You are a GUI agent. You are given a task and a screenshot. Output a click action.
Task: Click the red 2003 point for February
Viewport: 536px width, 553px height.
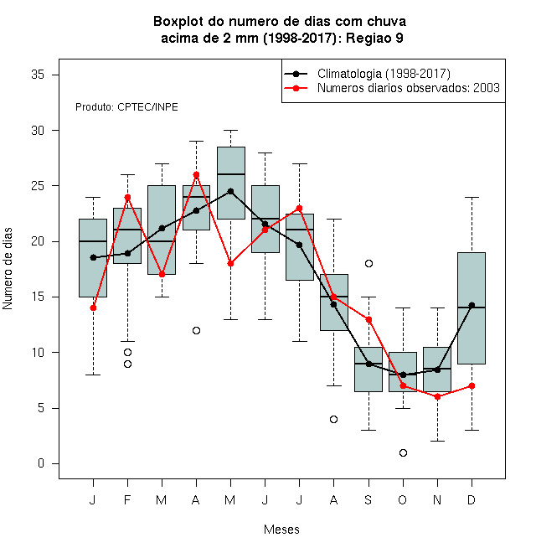(127, 197)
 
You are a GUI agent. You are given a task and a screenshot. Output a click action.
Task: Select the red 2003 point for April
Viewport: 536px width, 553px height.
(197, 174)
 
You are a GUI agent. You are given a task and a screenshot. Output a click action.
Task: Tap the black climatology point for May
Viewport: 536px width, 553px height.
(230, 192)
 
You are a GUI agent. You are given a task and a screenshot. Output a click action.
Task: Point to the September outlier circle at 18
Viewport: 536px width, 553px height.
(368, 263)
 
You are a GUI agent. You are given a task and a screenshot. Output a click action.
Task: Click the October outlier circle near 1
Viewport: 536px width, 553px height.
(403, 452)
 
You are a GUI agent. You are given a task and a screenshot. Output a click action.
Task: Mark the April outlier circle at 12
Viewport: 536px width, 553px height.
(197, 330)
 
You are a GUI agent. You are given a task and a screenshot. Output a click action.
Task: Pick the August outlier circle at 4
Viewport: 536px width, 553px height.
(333, 419)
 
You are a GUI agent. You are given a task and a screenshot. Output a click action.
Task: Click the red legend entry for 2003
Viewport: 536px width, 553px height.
(392, 88)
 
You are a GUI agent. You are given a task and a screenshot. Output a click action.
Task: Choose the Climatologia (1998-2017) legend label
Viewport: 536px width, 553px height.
(384, 74)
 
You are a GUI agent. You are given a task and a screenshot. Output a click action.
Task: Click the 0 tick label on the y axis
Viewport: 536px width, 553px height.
(41, 463)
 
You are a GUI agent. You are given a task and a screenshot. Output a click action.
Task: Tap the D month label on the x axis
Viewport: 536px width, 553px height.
(472, 499)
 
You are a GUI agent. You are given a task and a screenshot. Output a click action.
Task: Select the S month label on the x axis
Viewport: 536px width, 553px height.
(368, 499)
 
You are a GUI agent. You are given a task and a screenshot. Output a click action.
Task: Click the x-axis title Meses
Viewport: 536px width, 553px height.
(281, 530)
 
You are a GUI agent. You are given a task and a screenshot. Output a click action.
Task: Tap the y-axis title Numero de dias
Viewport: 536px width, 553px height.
(8, 269)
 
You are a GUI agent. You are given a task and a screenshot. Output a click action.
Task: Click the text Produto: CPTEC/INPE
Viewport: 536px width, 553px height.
(126, 107)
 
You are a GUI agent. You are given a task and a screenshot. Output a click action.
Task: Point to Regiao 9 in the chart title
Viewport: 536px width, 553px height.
(374, 38)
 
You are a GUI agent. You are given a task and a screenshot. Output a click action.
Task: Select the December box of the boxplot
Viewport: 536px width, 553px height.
(472, 308)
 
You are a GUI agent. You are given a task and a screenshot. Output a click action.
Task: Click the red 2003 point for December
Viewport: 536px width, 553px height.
(472, 385)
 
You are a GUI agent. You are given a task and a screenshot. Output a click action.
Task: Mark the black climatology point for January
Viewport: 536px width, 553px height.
(93, 257)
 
